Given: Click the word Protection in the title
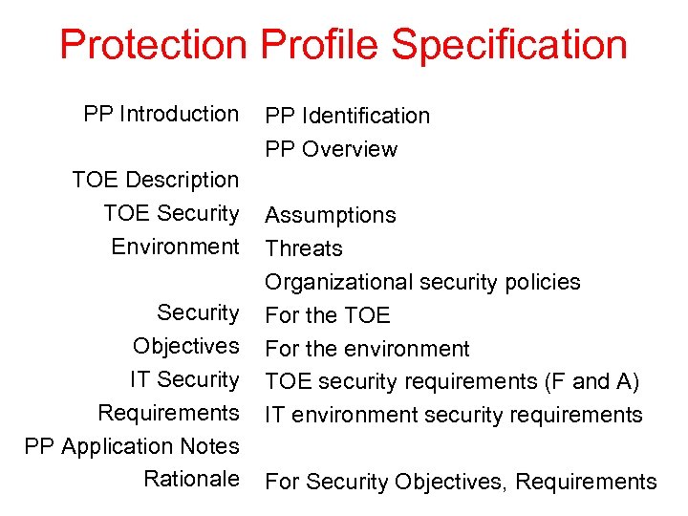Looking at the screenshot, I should coord(153,45).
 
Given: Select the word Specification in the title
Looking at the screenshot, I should coord(509,45).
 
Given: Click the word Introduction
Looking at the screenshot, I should coord(179,114).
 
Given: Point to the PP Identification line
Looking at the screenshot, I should coord(347,116).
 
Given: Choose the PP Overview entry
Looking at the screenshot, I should coord(331,149).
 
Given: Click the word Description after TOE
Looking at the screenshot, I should coord(183,180).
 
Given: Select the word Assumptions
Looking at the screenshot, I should coord(330,216).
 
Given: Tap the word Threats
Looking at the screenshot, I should coord(303,248).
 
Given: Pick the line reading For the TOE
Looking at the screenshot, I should coord(327,315).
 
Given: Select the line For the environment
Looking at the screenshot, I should coord(367,349).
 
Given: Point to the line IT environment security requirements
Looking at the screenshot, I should coord(453,415).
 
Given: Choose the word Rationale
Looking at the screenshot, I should coord(191,479).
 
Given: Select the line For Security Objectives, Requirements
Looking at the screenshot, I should coord(460,482).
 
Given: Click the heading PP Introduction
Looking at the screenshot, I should coord(161,114).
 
